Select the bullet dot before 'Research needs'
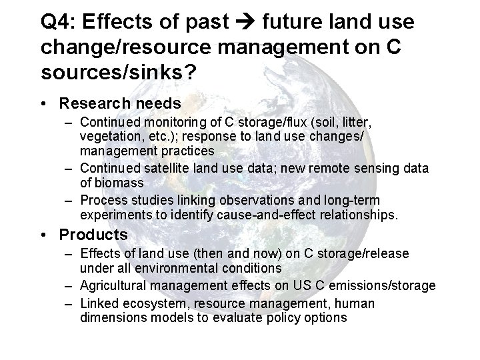tap(42, 104)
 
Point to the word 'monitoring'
tap(164, 123)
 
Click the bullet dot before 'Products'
tap(42, 235)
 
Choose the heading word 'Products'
tap(93, 235)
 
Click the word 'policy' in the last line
tap(283, 317)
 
